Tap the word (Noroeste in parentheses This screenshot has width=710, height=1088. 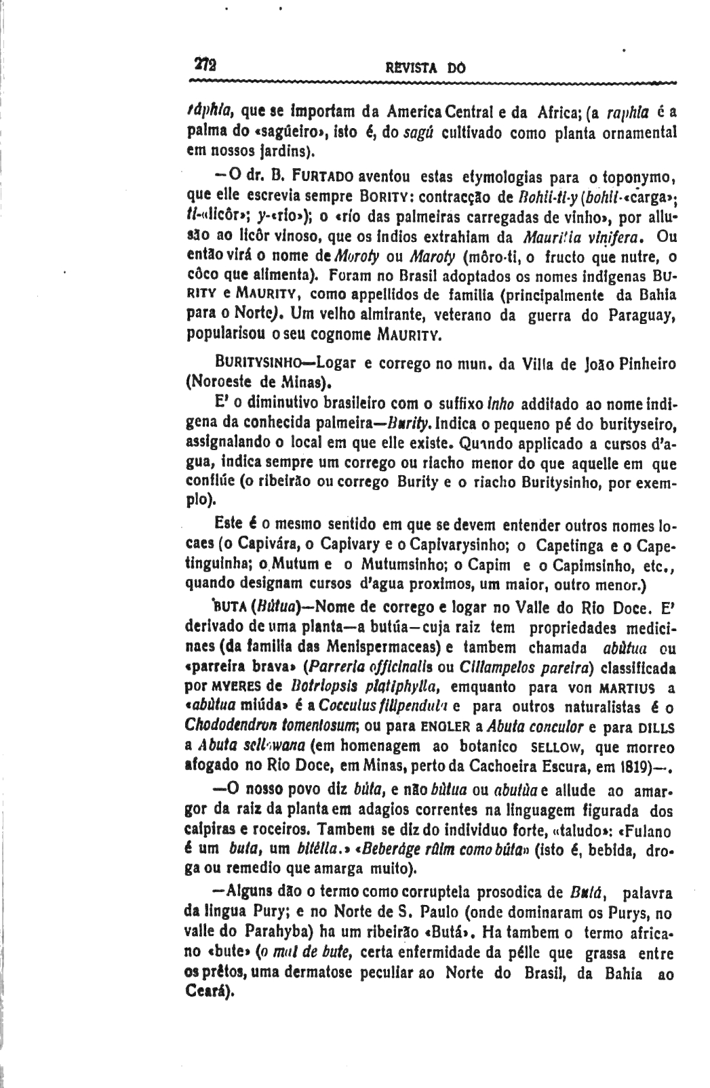click(214, 381)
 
